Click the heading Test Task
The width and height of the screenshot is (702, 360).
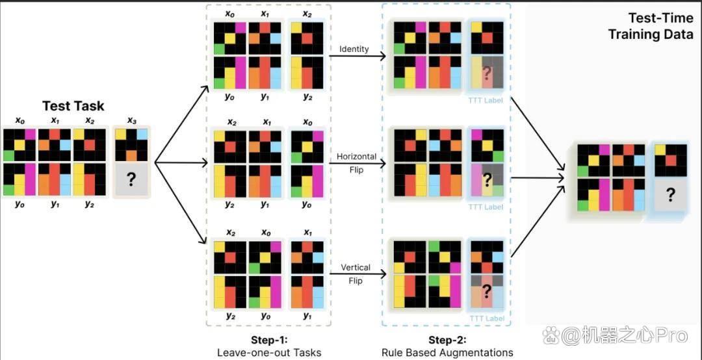(73, 106)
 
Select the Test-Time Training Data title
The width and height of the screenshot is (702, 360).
(650, 27)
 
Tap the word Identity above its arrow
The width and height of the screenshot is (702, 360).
(354, 48)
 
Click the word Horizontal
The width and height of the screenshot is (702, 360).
(356, 157)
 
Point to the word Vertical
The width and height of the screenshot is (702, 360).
(356, 268)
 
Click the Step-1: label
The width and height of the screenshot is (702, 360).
(268, 339)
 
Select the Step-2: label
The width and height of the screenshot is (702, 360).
(447, 339)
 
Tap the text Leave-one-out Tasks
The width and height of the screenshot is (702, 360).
(269, 352)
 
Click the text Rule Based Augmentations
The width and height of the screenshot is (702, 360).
(447, 352)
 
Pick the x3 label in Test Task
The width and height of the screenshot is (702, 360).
(131, 121)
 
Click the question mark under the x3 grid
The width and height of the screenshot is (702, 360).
(131, 179)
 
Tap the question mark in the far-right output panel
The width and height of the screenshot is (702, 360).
(670, 195)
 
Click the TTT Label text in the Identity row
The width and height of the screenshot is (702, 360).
(486, 100)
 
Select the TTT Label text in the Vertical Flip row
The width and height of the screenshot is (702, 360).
(486, 319)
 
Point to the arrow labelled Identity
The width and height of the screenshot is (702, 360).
(357, 57)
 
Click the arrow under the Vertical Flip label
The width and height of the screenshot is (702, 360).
(357, 274)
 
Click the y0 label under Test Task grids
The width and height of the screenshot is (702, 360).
(19, 204)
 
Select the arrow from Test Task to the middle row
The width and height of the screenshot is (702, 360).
(182, 163)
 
